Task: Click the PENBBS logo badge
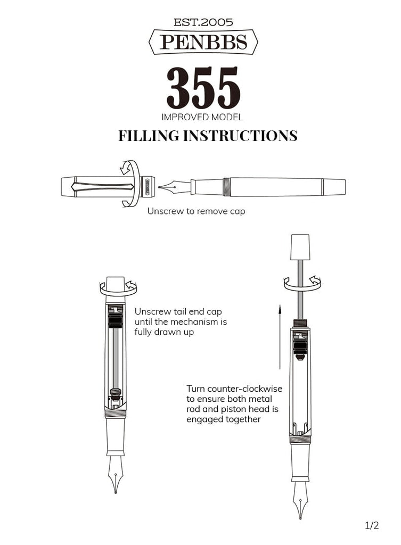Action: (203, 42)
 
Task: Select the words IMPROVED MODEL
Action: (202, 117)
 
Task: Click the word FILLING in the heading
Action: (149, 136)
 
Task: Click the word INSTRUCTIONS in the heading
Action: (240, 136)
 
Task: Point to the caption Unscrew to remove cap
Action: (196, 211)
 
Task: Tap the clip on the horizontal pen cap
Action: (101, 187)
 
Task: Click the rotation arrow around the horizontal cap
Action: (130, 184)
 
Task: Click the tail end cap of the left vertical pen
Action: (116, 284)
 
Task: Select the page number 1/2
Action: (372, 526)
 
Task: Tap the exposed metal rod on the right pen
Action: (301, 290)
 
